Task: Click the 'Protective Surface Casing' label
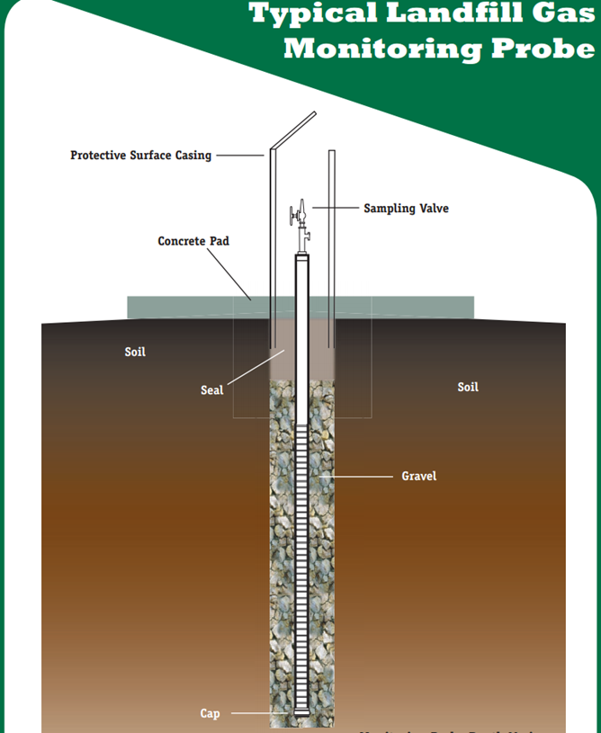140,156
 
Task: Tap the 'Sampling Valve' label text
406,209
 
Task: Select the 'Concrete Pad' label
193,242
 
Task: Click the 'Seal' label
211,390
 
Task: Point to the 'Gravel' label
418,476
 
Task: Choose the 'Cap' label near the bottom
210,714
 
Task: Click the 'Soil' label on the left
135,352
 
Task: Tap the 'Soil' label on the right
468,387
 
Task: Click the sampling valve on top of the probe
300,217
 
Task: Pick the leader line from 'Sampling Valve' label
335,209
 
